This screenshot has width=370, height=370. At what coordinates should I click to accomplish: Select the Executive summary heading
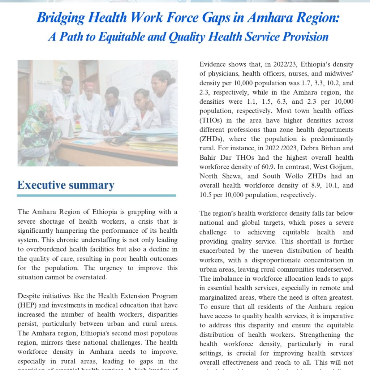(x=66, y=185)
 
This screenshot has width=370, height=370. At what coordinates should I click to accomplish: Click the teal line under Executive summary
(x=96, y=195)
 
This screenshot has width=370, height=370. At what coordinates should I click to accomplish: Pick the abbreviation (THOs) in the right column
(x=213, y=120)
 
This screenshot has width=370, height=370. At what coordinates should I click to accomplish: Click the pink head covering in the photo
(x=89, y=86)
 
